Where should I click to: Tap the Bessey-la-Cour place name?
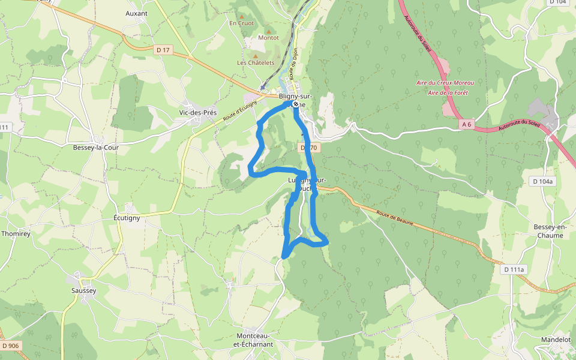pos(96,147)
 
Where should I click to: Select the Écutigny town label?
pos(127,218)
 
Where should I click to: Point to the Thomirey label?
pos(16,233)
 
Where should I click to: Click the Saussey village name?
pos(83,290)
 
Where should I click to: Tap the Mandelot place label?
pos(556,339)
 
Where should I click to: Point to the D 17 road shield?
pos(163,50)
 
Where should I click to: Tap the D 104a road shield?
pos(544,181)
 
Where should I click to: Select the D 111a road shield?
pos(514,269)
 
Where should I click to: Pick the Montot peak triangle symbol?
pos(268,31)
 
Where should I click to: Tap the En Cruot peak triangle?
pos(242,16)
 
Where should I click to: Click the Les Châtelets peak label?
pos(256,62)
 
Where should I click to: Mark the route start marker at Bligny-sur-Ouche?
pos(295,104)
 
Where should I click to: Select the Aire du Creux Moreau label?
pos(445,83)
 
